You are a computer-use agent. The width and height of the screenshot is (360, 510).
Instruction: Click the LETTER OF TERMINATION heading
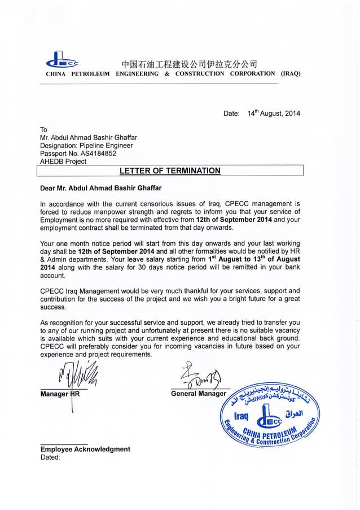coord(170,171)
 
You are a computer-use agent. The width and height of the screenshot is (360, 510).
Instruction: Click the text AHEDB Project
coord(64,161)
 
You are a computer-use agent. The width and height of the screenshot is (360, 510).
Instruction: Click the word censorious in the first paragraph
coord(162,203)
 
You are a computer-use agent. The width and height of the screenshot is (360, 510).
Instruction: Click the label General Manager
coord(198,393)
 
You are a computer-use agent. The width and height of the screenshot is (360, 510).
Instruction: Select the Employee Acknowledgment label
coord(85,449)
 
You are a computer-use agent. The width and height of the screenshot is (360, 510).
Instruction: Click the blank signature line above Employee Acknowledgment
coord(64,443)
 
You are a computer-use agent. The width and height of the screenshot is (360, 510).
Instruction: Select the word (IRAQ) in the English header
coord(288,74)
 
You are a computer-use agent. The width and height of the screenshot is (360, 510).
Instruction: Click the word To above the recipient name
coord(44,129)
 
